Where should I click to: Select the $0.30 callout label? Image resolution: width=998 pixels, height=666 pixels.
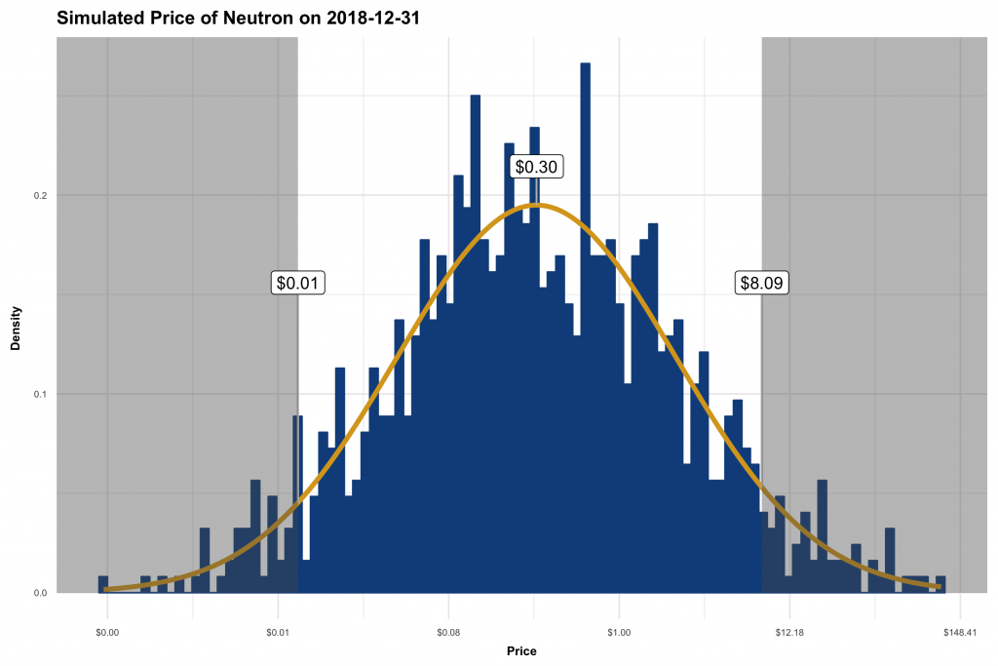pos(535,167)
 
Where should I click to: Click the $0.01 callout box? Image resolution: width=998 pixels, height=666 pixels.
pos(297,283)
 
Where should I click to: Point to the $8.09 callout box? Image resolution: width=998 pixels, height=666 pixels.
pos(761,283)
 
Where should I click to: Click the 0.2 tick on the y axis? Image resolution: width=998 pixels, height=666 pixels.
pos(40,195)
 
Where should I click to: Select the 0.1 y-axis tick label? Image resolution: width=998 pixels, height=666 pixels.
pos(40,394)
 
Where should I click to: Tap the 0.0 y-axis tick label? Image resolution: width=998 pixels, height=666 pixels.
pos(40,593)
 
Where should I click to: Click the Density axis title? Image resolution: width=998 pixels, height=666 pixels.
pos(16,332)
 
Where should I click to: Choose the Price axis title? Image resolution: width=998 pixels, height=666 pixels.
pos(521,650)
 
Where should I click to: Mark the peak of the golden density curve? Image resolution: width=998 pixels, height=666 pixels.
pos(537,205)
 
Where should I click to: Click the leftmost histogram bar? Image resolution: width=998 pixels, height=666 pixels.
pos(102,584)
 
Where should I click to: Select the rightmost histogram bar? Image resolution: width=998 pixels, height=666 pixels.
pos(940,584)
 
